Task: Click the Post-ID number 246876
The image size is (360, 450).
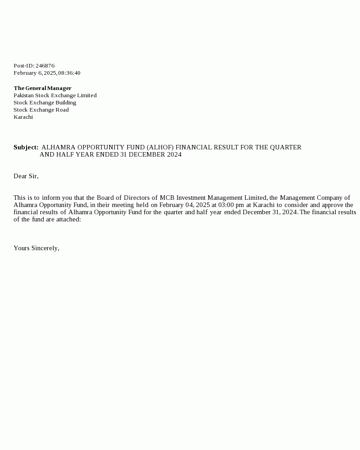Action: [x=45, y=66]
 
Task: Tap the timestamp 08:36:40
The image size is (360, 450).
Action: [x=69, y=73]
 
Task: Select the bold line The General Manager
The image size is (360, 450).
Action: [x=42, y=88]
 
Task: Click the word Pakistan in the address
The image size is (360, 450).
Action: [x=23, y=95]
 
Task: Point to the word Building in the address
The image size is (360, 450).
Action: [x=66, y=103]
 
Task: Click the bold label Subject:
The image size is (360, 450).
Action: [x=26, y=147]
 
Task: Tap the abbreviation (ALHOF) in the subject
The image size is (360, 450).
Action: [x=160, y=147]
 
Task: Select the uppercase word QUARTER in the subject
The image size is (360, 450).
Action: [x=287, y=147]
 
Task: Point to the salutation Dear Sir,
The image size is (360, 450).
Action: [x=26, y=176]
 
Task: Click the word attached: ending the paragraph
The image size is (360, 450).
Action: [x=69, y=219]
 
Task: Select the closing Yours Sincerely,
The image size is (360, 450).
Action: [x=36, y=248]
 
